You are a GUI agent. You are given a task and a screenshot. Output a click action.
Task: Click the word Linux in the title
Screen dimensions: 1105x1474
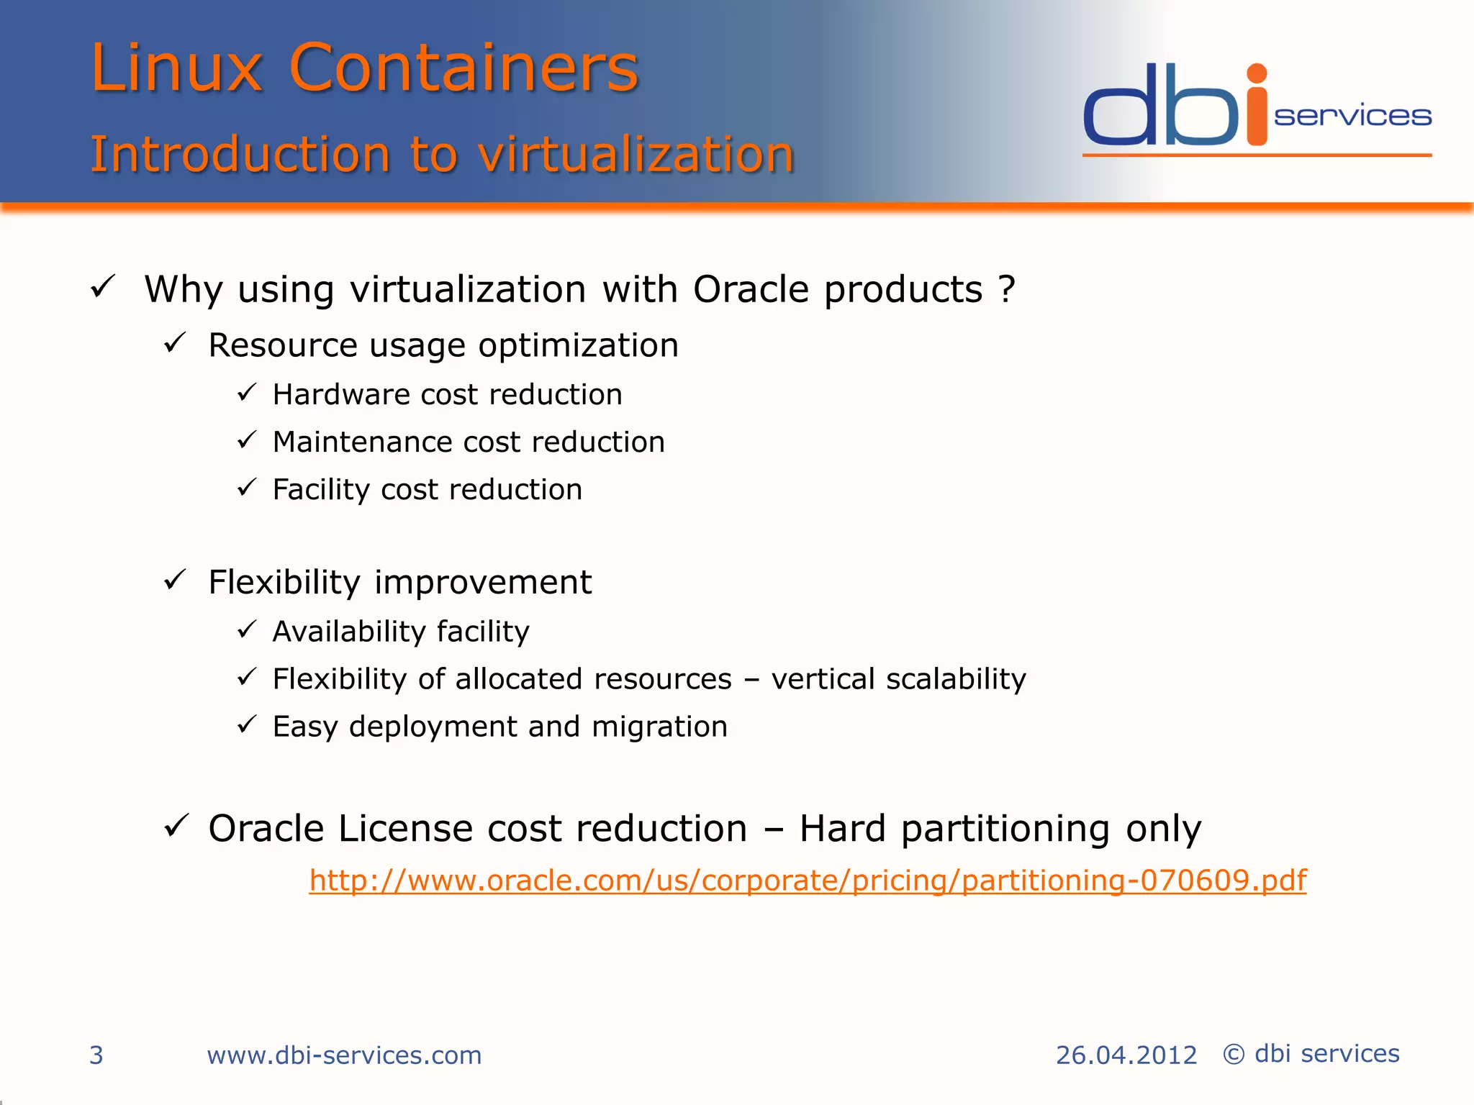[x=176, y=68]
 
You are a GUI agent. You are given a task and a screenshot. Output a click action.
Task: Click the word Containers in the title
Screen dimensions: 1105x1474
[x=464, y=68]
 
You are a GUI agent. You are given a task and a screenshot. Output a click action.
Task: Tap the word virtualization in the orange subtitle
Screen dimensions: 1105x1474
[x=636, y=154]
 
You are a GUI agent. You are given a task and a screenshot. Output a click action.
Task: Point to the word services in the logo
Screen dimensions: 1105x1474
[x=1352, y=116]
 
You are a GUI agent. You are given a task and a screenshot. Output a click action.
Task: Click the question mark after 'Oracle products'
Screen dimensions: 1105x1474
[x=1007, y=289]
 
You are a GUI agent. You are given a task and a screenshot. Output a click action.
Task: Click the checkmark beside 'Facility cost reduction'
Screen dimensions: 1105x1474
[x=247, y=488]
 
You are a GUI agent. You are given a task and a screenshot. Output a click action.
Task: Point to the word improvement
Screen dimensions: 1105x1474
[x=483, y=582]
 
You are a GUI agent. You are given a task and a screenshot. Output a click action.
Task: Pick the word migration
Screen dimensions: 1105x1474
[x=659, y=727]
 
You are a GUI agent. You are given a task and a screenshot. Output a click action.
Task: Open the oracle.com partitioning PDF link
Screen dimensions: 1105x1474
[x=808, y=881]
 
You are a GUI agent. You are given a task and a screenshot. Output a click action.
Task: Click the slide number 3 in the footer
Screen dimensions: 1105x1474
[x=96, y=1055]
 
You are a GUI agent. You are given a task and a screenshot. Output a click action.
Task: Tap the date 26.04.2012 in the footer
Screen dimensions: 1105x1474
[x=1126, y=1055]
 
